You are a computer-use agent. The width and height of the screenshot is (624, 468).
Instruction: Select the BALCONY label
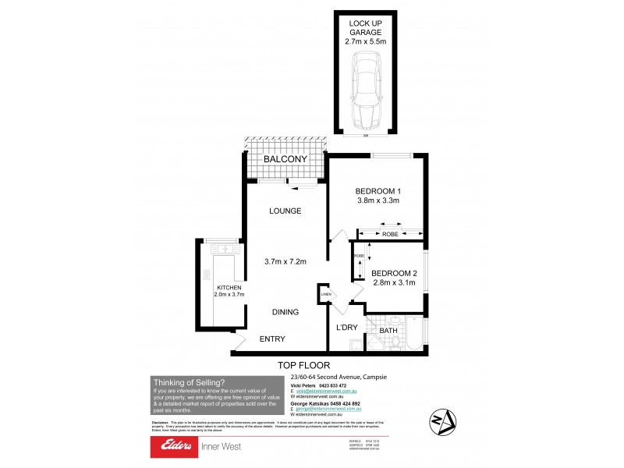(x=283, y=160)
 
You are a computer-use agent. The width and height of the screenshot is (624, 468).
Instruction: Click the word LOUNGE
(x=285, y=211)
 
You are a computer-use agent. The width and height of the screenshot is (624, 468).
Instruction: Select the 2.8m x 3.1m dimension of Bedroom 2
(x=395, y=283)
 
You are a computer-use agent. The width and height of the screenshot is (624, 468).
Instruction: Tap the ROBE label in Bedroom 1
(x=390, y=232)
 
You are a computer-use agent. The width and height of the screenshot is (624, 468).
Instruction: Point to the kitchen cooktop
(x=207, y=275)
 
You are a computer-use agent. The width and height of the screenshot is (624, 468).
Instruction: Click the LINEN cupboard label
(x=326, y=294)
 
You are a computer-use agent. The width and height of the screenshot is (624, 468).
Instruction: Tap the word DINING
(x=285, y=312)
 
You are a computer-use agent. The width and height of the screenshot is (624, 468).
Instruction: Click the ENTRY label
(x=272, y=339)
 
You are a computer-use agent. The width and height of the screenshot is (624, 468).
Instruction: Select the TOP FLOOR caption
(x=304, y=364)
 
